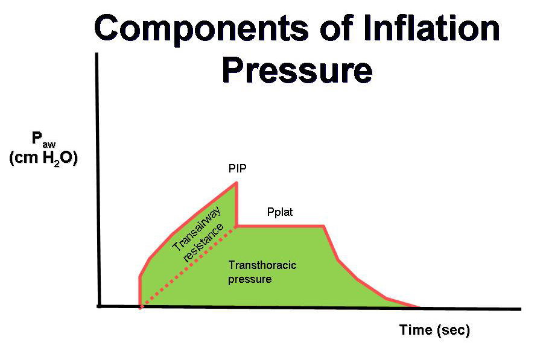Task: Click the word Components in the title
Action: coord(202,28)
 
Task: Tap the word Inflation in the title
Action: coord(431,28)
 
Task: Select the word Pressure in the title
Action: coord(297,71)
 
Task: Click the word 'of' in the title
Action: coord(335,28)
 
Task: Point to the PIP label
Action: coord(238,168)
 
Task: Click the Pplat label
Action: coord(280,212)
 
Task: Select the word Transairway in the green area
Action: coord(197,229)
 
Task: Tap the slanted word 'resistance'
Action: coord(203,243)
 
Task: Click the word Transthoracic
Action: coord(262,265)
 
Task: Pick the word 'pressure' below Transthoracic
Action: coord(250,280)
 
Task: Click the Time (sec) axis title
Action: coord(434,330)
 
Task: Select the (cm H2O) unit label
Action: coord(43,159)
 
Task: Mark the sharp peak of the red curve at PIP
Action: coord(236,183)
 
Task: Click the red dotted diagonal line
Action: coord(188,267)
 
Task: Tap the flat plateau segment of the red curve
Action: coord(281,226)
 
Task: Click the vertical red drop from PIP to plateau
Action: coord(236,204)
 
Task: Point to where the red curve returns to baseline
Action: coord(419,308)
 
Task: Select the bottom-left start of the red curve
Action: coord(140,307)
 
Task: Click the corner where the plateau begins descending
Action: coord(324,226)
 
